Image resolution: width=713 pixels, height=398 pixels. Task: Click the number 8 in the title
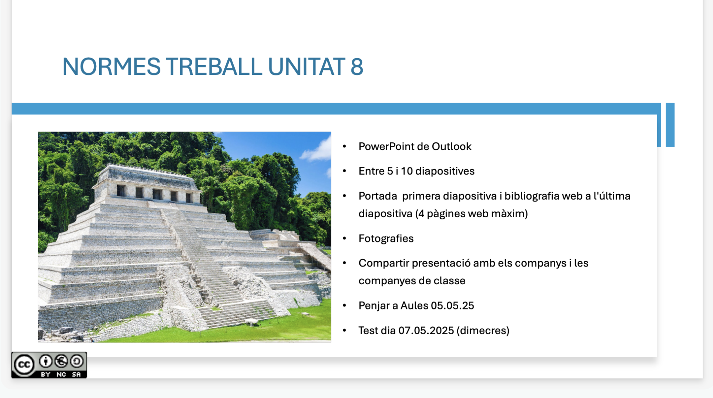[x=356, y=67]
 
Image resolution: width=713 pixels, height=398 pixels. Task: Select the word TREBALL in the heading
[x=214, y=67]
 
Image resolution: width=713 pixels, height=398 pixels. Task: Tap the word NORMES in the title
[x=111, y=67]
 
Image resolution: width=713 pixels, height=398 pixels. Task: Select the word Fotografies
[x=386, y=239]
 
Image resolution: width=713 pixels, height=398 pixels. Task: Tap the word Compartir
[x=384, y=263]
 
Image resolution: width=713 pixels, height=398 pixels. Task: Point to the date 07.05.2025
[x=426, y=331]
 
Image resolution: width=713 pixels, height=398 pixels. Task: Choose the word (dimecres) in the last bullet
[x=483, y=331]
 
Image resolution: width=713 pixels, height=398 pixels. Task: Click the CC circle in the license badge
[x=24, y=365]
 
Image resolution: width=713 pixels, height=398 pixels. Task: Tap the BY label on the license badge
[x=46, y=374]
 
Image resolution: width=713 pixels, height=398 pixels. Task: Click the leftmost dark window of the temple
[x=121, y=190]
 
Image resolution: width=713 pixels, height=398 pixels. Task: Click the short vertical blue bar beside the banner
[x=670, y=125]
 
